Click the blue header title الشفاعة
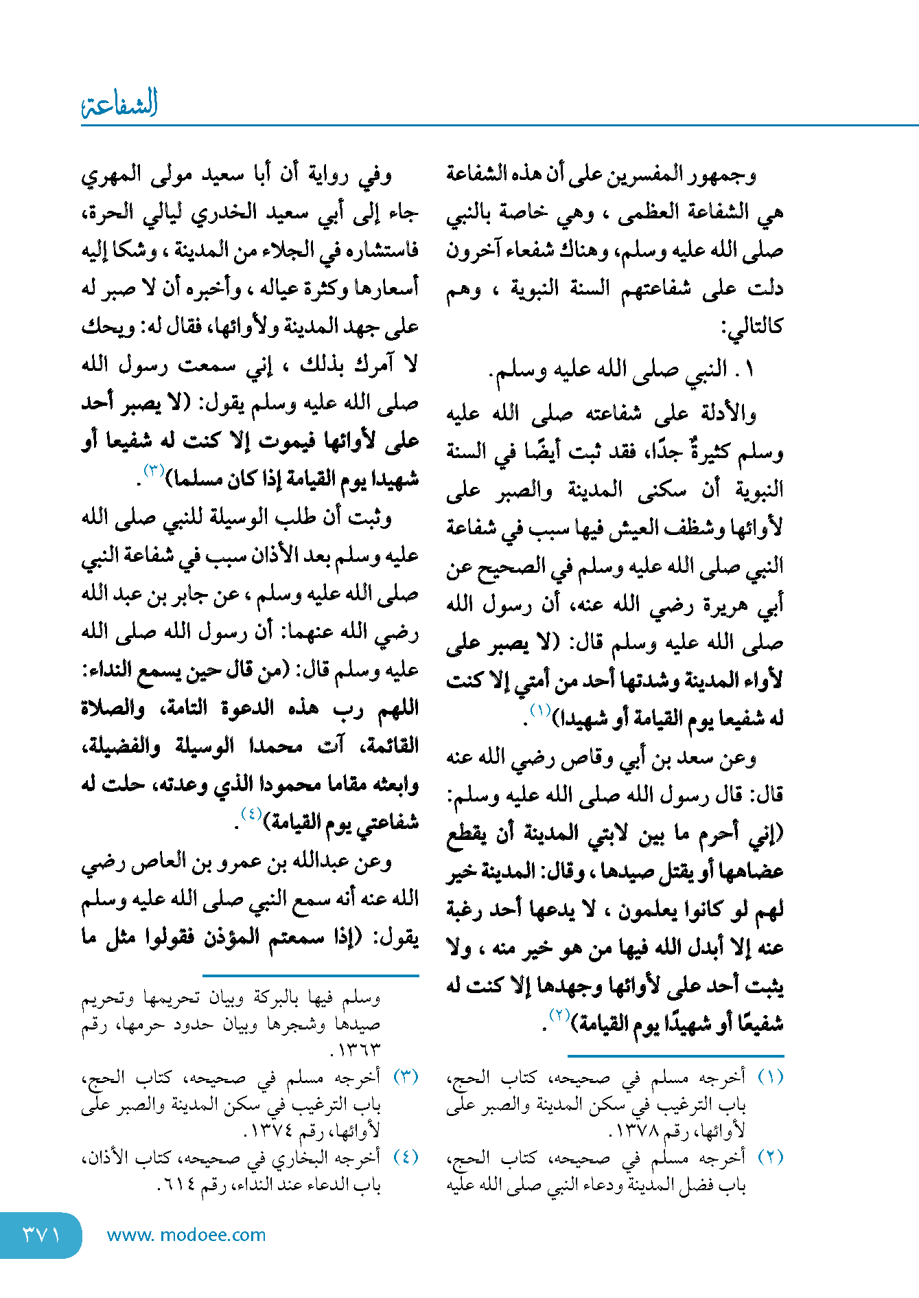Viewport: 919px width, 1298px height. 119,104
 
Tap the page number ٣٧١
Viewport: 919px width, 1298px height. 41,1235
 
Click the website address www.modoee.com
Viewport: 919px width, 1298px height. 186,1235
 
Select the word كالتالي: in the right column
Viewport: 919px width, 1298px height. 752,327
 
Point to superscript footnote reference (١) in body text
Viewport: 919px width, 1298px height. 540,711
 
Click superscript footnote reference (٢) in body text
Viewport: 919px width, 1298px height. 560,1016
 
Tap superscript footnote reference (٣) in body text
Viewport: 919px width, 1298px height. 154,470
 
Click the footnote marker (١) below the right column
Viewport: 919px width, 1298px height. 770,1077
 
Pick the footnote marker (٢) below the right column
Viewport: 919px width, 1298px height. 770,1157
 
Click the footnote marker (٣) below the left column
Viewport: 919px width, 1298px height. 406,1077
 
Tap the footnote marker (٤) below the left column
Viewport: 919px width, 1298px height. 406,1157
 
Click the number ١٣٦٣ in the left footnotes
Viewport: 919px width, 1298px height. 358,1050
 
